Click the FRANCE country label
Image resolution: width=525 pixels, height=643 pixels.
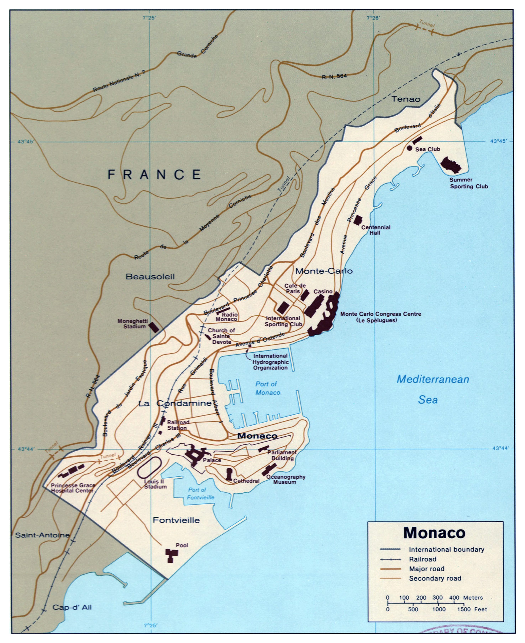tap(154, 175)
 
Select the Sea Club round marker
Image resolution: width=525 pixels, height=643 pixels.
tap(409, 148)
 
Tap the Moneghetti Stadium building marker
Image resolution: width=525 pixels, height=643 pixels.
tap(154, 327)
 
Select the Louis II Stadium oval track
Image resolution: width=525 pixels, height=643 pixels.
tap(149, 468)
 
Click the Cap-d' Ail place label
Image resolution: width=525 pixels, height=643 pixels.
tap(72, 607)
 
